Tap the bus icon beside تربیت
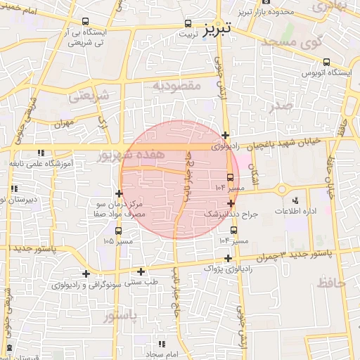pyautogui.click(x=188, y=22)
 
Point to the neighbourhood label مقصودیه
pyautogui.click(x=177, y=86)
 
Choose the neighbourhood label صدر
pyautogui.click(x=280, y=106)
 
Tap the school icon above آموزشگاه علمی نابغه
pyautogui.click(x=41, y=153)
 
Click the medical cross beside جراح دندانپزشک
pyautogui.click(x=231, y=202)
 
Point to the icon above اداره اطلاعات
pyautogui.click(x=295, y=200)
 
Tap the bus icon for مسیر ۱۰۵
pyautogui.click(x=117, y=230)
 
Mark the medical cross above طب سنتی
pyautogui.click(x=141, y=271)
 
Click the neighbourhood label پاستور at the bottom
pyautogui.click(x=120, y=318)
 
